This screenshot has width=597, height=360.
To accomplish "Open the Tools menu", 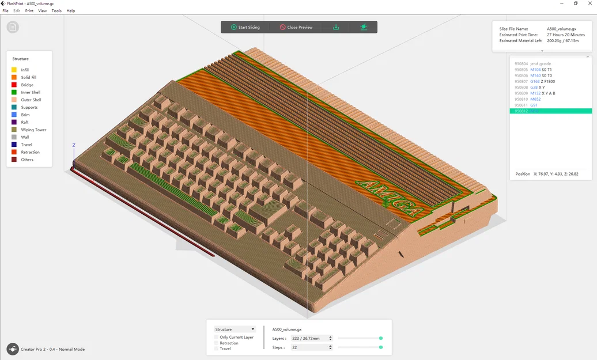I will (56, 11).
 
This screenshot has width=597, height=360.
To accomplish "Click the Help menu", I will (71, 11).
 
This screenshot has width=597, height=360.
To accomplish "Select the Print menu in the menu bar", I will (29, 11).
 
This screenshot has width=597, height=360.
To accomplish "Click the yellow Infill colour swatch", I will (14, 70).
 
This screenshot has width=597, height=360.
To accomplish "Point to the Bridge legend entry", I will (27, 85).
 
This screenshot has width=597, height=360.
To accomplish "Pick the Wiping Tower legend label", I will (33, 130).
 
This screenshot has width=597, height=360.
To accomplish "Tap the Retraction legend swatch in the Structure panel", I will (14, 152).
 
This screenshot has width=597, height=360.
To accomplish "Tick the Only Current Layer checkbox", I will (217, 337).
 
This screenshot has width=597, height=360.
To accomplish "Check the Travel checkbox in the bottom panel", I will (217, 348).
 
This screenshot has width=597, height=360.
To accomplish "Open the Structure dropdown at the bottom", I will (235, 329).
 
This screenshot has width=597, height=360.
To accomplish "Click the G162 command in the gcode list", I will (535, 81).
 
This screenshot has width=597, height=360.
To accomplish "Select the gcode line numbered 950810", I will (521, 99).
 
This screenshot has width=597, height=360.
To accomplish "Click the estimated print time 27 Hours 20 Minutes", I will (566, 35).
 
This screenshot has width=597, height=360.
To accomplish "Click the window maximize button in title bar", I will (575, 3).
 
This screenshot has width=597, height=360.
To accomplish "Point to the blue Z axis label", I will (74, 145).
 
